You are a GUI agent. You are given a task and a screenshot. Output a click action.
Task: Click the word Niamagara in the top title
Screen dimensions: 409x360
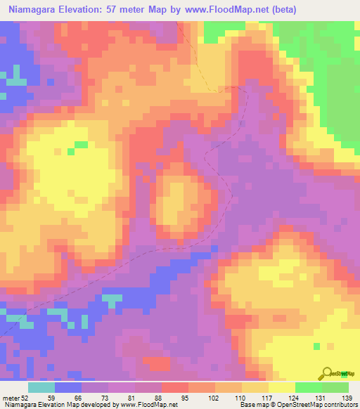click(36, 10)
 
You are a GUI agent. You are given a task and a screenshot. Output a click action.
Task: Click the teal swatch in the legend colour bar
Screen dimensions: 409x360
click(41, 387)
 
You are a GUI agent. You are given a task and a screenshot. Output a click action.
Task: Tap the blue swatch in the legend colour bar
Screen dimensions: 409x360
click(68, 387)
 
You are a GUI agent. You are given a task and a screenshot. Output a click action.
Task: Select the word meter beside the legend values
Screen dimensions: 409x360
click(11, 398)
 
